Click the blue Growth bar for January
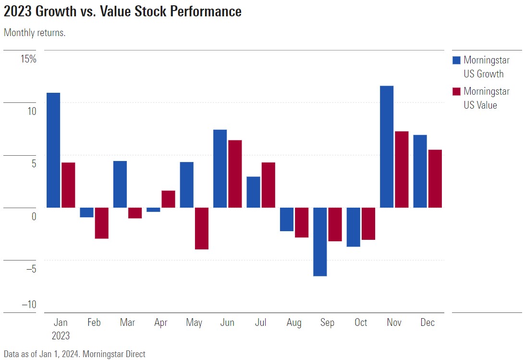pyautogui.click(x=53, y=150)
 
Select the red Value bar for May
pyautogui.click(x=202, y=228)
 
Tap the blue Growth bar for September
pyautogui.click(x=320, y=242)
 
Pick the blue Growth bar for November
pyautogui.click(x=387, y=147)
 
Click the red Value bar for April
pyautogui.click(x=168, y=199)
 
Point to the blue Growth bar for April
pyautogui.click(x=154, y=210)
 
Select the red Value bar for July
pyautogui.click(x=268, y=185)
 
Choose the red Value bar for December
pyautogui.click(x=435, y=179)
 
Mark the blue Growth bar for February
pyautogui.click(x=87, y=212)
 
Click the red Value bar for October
pyautogui.click(x=368, y=223)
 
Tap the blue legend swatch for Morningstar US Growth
pyautogui.click(x=456, y=61)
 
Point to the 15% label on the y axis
pyautogui.click(x=28, y=59)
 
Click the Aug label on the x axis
pyautogui.click(x=294, y=323)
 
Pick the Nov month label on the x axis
pyautogui.click(x=394, y=323)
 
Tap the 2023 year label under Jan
pyautogui.click(x=61, y=335)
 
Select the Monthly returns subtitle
pyautogui.click(x=35, y=33)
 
